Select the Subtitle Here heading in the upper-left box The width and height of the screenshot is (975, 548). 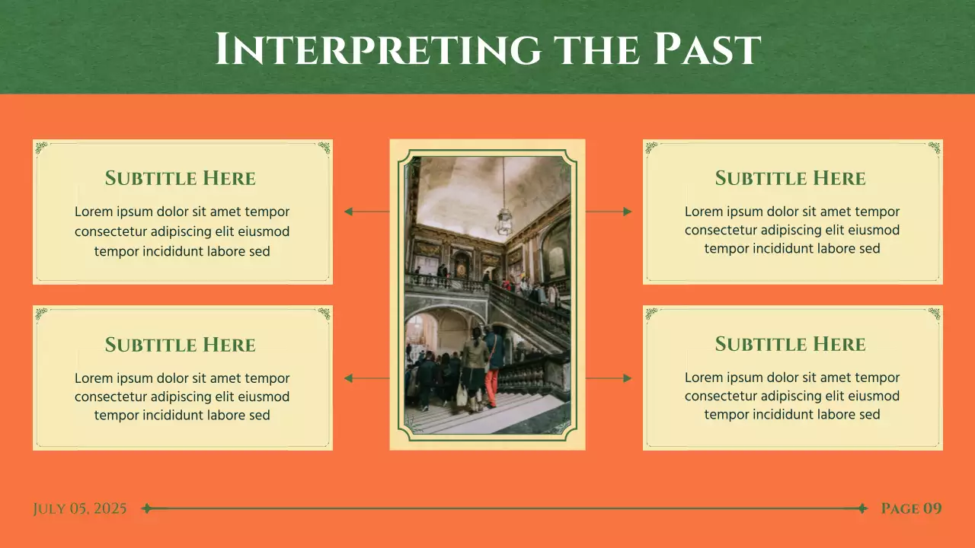181,178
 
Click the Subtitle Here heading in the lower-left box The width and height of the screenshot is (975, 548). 181,345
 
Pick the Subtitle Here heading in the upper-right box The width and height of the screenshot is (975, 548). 791,178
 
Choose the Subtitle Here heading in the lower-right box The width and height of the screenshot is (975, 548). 791,344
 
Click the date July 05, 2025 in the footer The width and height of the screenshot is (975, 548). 80,508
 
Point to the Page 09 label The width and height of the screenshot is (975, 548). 911,508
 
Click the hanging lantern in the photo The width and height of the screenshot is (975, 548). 503,221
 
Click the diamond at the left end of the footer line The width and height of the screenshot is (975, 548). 147,508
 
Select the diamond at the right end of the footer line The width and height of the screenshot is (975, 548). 862,508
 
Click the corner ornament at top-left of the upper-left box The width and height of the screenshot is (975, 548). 41,147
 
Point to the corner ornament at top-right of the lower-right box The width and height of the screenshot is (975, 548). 934,313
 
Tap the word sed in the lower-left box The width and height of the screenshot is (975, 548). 260,415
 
